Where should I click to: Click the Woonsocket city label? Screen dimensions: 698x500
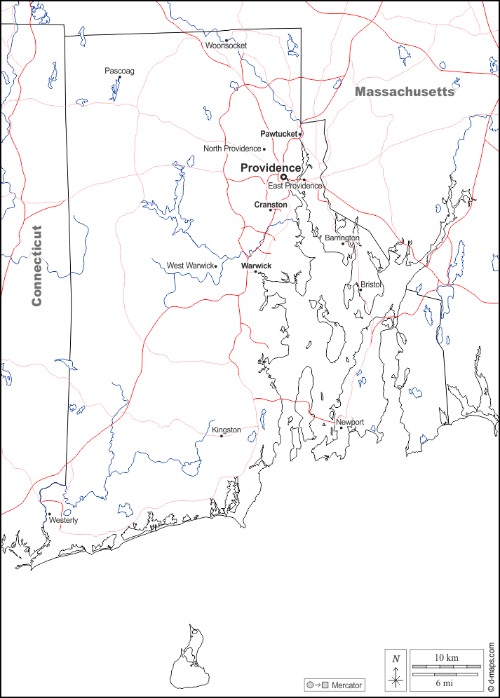point(226,46)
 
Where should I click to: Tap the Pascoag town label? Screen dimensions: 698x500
point(119,71)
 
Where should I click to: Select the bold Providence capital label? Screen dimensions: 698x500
point(271,168)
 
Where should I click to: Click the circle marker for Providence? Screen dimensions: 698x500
point(284,177)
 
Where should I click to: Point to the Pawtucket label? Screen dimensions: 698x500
point(278,133)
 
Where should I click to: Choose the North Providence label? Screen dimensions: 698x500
point(231,149)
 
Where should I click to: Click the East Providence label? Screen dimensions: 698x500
point(295,186)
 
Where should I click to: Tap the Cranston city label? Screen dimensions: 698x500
point(270,205)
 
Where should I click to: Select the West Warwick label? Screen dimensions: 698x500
point(189,266)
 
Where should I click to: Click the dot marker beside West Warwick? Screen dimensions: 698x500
point(215,266)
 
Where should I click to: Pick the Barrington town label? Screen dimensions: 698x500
point(342,238)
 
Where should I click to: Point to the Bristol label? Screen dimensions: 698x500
point(370,285)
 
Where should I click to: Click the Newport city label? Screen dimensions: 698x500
point(350,422)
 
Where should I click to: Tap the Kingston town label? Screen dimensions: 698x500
point(226,430)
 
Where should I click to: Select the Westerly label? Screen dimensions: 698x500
point(63,520)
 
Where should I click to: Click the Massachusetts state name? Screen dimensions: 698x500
point(404,92)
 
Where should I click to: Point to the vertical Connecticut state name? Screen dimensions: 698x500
point(37,265)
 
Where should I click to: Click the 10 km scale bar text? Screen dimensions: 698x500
point(446,657)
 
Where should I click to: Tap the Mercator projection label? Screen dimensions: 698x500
point(346,685)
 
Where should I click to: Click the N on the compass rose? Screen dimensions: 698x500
point(396,659)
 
